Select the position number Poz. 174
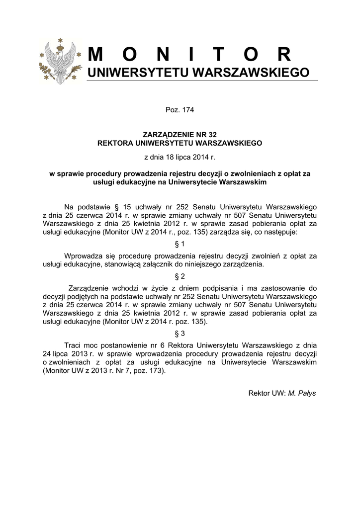pos(180,110)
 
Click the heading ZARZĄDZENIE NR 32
pos(180,135)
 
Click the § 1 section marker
pos(180,244)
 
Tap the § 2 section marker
pos(180,276)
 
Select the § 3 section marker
pos(180,333)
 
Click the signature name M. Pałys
pos(302,393)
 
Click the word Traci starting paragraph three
pos(74,345)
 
